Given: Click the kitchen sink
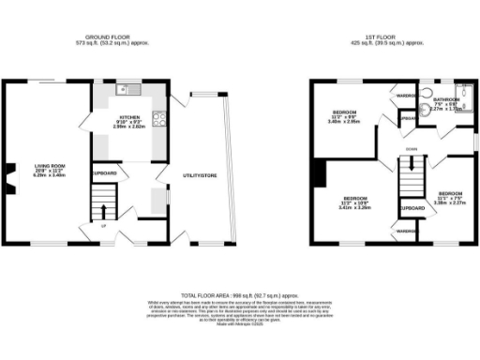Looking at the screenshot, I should click(x=130, y=89).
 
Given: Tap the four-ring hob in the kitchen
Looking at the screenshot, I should click(x=157, y=119).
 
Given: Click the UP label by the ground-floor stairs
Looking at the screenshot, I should click(x=102, y=226).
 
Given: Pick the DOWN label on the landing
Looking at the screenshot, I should click(x=411, y=149).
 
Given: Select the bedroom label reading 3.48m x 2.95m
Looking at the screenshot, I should click(x=345, y=117).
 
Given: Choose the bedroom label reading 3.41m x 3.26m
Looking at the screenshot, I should click(x=354, y=203).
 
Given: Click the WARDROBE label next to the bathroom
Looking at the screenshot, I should click(x=406, y=95).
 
